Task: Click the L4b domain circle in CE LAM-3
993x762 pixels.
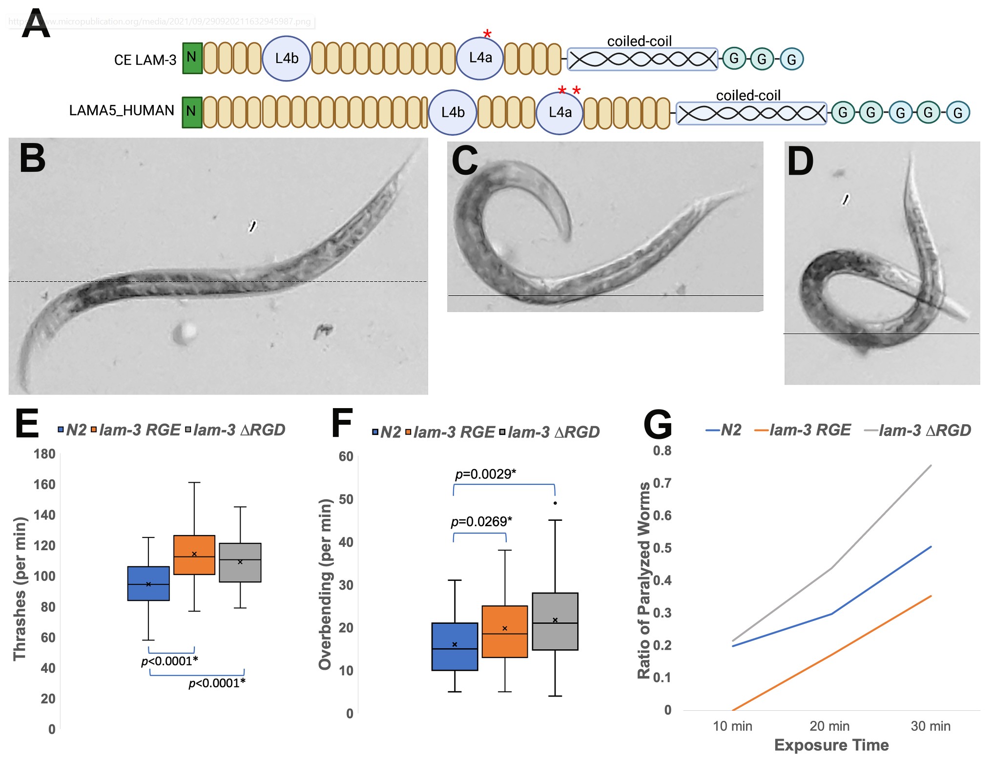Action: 287,59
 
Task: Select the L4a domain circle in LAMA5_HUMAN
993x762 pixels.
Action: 559,112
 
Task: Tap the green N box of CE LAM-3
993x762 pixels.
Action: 192,58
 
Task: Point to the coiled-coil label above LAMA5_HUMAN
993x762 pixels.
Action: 748,95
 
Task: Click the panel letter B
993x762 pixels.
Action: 32,159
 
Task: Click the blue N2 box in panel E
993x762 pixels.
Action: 148,583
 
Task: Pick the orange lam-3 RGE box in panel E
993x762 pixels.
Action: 194,555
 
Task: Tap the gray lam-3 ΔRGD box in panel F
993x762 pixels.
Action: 555,621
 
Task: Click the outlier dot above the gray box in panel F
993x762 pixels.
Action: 555,503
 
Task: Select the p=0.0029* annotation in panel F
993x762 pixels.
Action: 485,474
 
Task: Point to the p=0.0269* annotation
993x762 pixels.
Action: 481,522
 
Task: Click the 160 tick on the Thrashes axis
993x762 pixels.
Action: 44,484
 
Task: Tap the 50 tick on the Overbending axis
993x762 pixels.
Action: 346,499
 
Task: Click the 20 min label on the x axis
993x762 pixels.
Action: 829,726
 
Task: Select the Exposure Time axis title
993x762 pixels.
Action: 831,745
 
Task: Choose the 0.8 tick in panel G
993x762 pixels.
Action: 662,451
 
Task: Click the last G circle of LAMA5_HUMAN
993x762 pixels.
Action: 957,113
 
